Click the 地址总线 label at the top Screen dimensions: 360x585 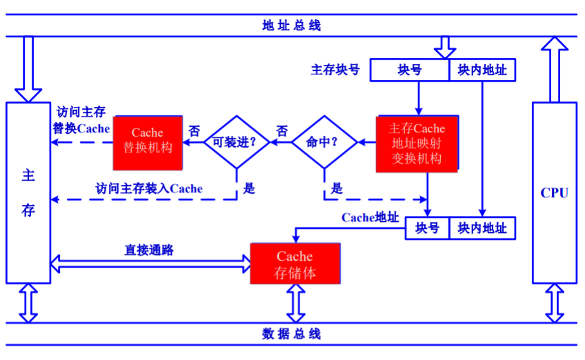pyautogui.click(x=291, y=26)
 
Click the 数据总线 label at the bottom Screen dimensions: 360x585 pyautogui.click(x=291, y=334)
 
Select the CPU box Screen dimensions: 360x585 pyautogui.click(x=554, y=192)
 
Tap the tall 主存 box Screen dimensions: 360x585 pyautogui.click(x=28, y=192)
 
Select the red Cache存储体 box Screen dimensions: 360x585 pyautogui.click(x=295, y=264)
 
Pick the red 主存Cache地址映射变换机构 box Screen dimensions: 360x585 pyautogui.click(x=417, y=143)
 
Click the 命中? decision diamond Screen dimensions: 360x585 pyautogui.click(x=324, y=142)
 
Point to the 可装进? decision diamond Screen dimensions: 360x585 pyautogui.click(x=235, y=142)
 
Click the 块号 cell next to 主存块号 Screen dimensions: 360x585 pyautogui.click(x=410, y=70)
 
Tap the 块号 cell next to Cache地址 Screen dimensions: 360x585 pyautogui.click(x=427, y=228)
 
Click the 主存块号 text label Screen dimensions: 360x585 pyautogui.click(x=335, y=70)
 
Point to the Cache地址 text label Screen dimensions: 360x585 pyautogui.click(x=370, y=217)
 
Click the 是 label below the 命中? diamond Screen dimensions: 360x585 pyautogui.click(x=337, y=188)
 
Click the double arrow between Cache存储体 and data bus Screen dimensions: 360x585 pyautogui.click(x=295, y=303)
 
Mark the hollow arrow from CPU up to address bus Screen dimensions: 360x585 pyautogui.click(x=554, y=69)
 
